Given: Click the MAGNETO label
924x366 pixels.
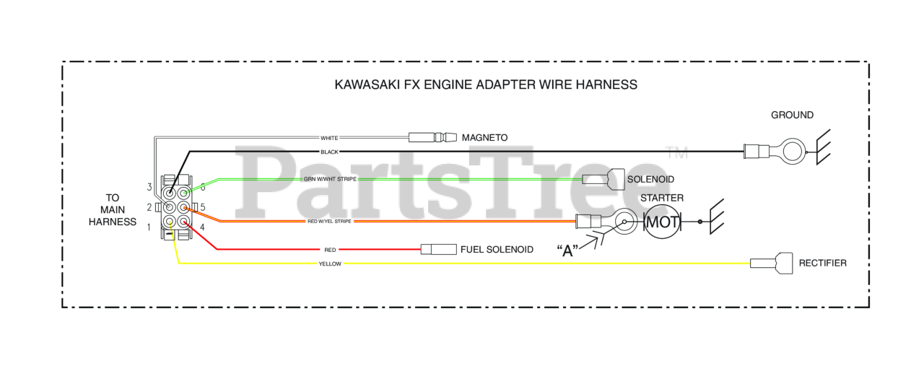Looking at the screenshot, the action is (485, 137).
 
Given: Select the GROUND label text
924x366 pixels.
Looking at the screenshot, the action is (792, 115).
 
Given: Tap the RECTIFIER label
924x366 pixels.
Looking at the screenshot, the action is (822, 263).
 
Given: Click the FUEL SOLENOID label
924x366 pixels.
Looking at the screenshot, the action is (497, 250).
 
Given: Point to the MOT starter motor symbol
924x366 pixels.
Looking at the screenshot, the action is (662, 222).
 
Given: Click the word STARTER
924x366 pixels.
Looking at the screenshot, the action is (662, 198).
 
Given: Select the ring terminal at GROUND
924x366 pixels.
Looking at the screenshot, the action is (793, 152).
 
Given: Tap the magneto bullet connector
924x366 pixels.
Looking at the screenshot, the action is (432, 137).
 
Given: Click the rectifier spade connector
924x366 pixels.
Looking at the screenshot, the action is (771, 263).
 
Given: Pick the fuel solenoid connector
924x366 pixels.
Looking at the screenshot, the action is (438, 250).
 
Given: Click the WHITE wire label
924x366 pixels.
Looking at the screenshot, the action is (329, 137).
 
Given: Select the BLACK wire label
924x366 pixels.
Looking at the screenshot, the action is (329, 152).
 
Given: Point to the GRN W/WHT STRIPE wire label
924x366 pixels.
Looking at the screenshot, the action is (330, 178).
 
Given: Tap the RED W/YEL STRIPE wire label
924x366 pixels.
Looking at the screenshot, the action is (329, 222).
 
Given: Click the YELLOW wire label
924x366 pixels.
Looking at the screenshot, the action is (329, 264).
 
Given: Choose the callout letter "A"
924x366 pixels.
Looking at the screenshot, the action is (569, 251).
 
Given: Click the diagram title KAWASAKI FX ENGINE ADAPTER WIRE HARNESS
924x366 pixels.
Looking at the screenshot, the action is (486, 84).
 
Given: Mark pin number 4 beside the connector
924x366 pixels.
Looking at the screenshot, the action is (202, 228).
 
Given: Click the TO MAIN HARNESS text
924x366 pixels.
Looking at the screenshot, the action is (112, 209).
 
